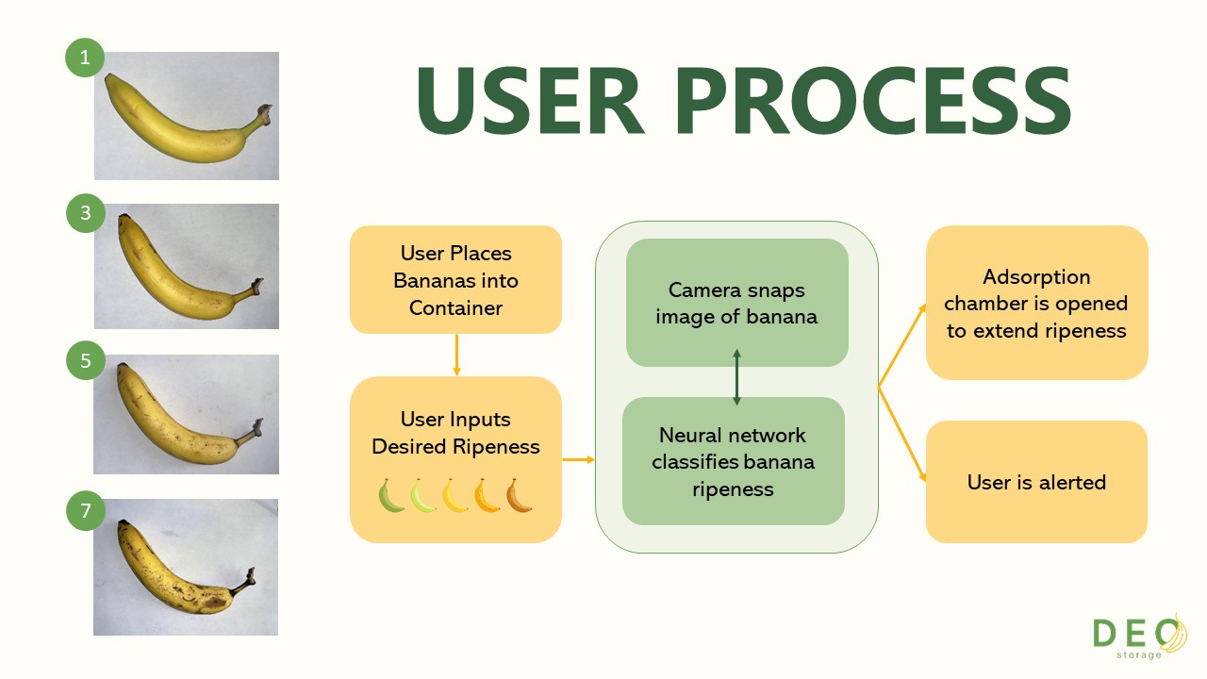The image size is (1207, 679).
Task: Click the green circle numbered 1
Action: [85, 58]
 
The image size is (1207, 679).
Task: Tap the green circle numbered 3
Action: [85, 213]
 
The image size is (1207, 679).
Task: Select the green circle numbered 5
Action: [85, 360]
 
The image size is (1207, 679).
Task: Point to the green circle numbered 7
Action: [85, 510]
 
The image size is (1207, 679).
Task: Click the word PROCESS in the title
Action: [873, 101]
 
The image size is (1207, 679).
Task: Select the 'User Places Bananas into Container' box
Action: [455, 280]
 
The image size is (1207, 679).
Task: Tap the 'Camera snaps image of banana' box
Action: [737, 303]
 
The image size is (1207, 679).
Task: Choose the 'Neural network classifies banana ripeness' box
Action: [734, 461]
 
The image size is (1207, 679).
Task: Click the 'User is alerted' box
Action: [1036, 482]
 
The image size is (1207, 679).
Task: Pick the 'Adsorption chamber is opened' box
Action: [1036, 303]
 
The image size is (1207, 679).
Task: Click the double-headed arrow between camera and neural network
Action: [736, 377]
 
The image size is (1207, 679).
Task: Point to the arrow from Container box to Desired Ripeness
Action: [457, 356]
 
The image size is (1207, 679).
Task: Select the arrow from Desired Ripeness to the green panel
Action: [579, 459]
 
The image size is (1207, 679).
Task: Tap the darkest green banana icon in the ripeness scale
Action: [390, 496]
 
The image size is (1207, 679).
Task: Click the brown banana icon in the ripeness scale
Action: [519, 496]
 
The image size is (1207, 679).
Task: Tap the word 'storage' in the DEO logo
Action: [1138, 655]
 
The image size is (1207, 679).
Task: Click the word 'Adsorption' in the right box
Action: [1036, 277]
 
